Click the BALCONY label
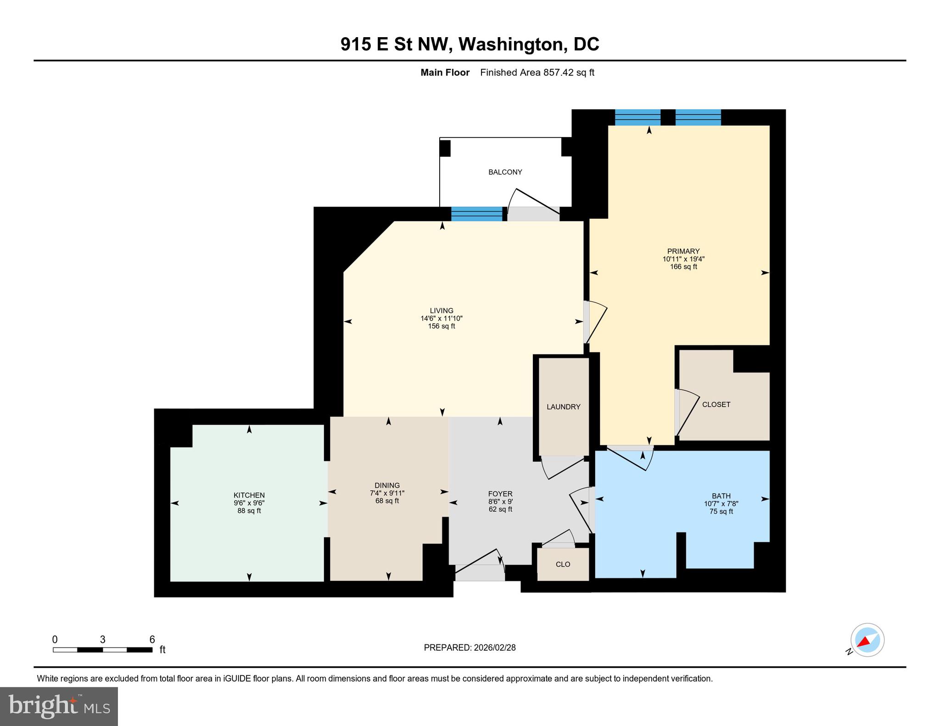(x=505, y=172)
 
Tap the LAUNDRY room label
(x=563, y=407)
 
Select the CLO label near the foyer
(x=563, y=564)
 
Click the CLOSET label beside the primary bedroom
(x=716, y=405)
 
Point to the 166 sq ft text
(x=683, y=266)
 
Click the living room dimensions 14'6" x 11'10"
(x=442, y=318)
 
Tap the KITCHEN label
(x=249, y=495)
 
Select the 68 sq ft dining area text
(x=387, y=501)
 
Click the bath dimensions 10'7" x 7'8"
(x=721, y=504)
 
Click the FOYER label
(x=500, y=494)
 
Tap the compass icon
(x=867, y=640)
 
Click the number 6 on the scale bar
(x=152, y=639)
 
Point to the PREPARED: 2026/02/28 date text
(x=470, y=648)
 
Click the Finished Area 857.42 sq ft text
(x=537, y=72)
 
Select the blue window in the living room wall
(x=476, y=214)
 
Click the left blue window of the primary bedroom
(x=637, y=117)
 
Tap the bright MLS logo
(x=59, y=706)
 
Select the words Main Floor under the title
(x=445, y=72)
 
